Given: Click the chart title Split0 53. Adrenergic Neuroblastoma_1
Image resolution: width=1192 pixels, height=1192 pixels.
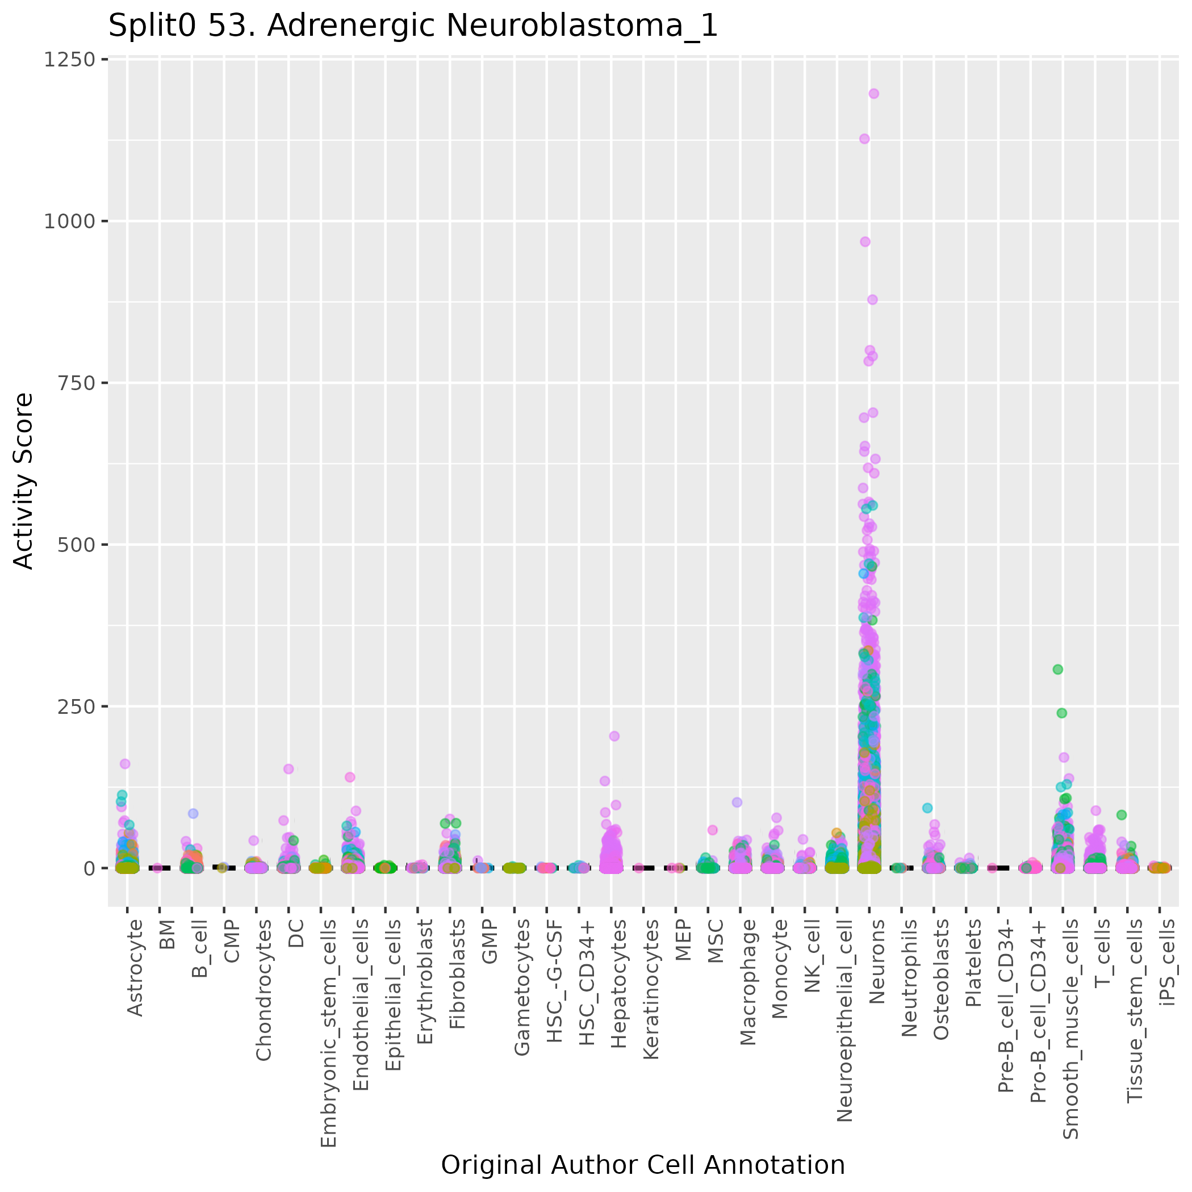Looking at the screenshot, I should (413, 26).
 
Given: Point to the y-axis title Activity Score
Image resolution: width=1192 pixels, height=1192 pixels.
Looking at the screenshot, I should (23, 480).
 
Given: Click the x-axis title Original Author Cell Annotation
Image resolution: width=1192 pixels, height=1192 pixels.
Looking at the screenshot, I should (642, 1165).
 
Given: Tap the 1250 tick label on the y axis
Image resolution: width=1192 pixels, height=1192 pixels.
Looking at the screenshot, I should (68, 60).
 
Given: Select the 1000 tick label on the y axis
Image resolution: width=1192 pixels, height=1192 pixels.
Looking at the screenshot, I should (68, 221).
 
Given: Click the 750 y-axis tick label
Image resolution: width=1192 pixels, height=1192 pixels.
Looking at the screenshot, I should (76, 383).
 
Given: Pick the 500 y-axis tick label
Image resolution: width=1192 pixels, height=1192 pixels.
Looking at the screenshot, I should (76, 545).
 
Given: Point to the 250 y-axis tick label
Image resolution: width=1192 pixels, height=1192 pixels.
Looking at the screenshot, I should (76, 706).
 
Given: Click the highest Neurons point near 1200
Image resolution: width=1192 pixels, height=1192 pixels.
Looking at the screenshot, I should (873, 94).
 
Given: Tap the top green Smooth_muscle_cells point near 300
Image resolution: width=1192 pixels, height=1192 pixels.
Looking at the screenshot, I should (1057, 670).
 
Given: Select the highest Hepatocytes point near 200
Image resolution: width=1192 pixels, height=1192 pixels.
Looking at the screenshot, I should (614, 736).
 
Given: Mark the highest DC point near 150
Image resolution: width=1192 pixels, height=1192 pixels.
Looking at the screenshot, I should (288, 769).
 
